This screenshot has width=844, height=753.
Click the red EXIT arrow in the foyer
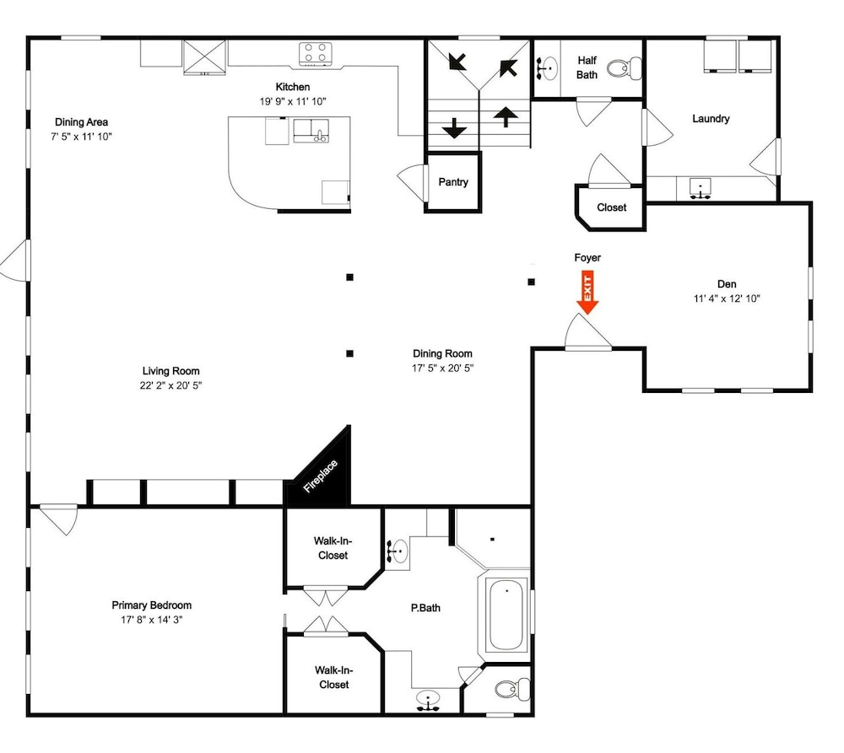(x=587, y=292)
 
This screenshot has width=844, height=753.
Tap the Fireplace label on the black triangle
(x=321, y=476)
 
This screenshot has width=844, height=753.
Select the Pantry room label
(x=453, y=182)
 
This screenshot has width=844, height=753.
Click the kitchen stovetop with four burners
(x=316, y=54)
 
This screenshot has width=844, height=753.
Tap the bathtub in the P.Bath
(x=506, y=615)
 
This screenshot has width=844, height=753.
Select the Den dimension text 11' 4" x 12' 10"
(x=727, y=299)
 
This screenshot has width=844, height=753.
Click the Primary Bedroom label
(x=152, y=605)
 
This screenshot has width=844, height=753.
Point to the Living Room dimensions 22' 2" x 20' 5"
(x=170, y=385)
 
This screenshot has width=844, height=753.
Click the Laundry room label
(x=711, y=118)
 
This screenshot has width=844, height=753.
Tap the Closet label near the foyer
(x=611, y=207)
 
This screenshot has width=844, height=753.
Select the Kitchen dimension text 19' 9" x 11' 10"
(x=293, y=101)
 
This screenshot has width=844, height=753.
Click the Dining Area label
(x=81, y=122)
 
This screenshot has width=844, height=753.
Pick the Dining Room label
(x=442, y=353)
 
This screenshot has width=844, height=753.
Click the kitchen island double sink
(x=311, y=131)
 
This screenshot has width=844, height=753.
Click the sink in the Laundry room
(x=701, y=188)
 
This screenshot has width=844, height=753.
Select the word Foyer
(x=587, y=258)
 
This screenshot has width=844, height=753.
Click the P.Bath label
(x=425, y=608)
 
